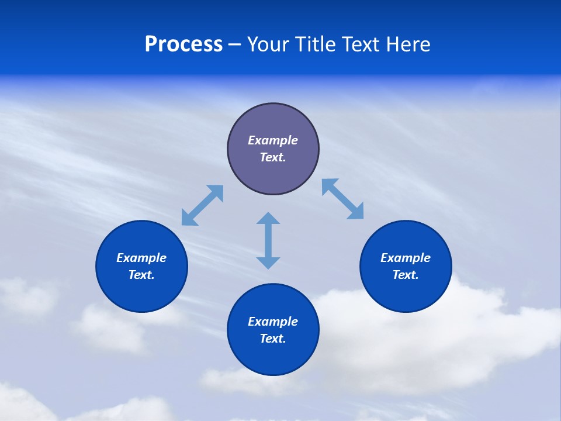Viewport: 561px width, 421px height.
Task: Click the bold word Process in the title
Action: tap(183, 44)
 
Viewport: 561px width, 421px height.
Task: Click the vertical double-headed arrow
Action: tap(268, 240)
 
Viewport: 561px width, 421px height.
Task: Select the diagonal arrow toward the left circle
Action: tap(202, 205)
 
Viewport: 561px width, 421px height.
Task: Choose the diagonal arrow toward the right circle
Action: tap(343, 199)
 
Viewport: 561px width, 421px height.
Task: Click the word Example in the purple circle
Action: tap(273, 140)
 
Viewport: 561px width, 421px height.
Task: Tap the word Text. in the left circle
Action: tap(141, 275)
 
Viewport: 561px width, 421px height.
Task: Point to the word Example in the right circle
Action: tap(406, 258)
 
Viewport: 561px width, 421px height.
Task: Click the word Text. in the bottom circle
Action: tap(273, 339)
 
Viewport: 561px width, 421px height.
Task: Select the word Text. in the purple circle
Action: tap(273, 157)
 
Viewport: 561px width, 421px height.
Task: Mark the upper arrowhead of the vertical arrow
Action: tap(268, 218)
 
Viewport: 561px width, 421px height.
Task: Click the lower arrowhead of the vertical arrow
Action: tap(268, 263)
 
